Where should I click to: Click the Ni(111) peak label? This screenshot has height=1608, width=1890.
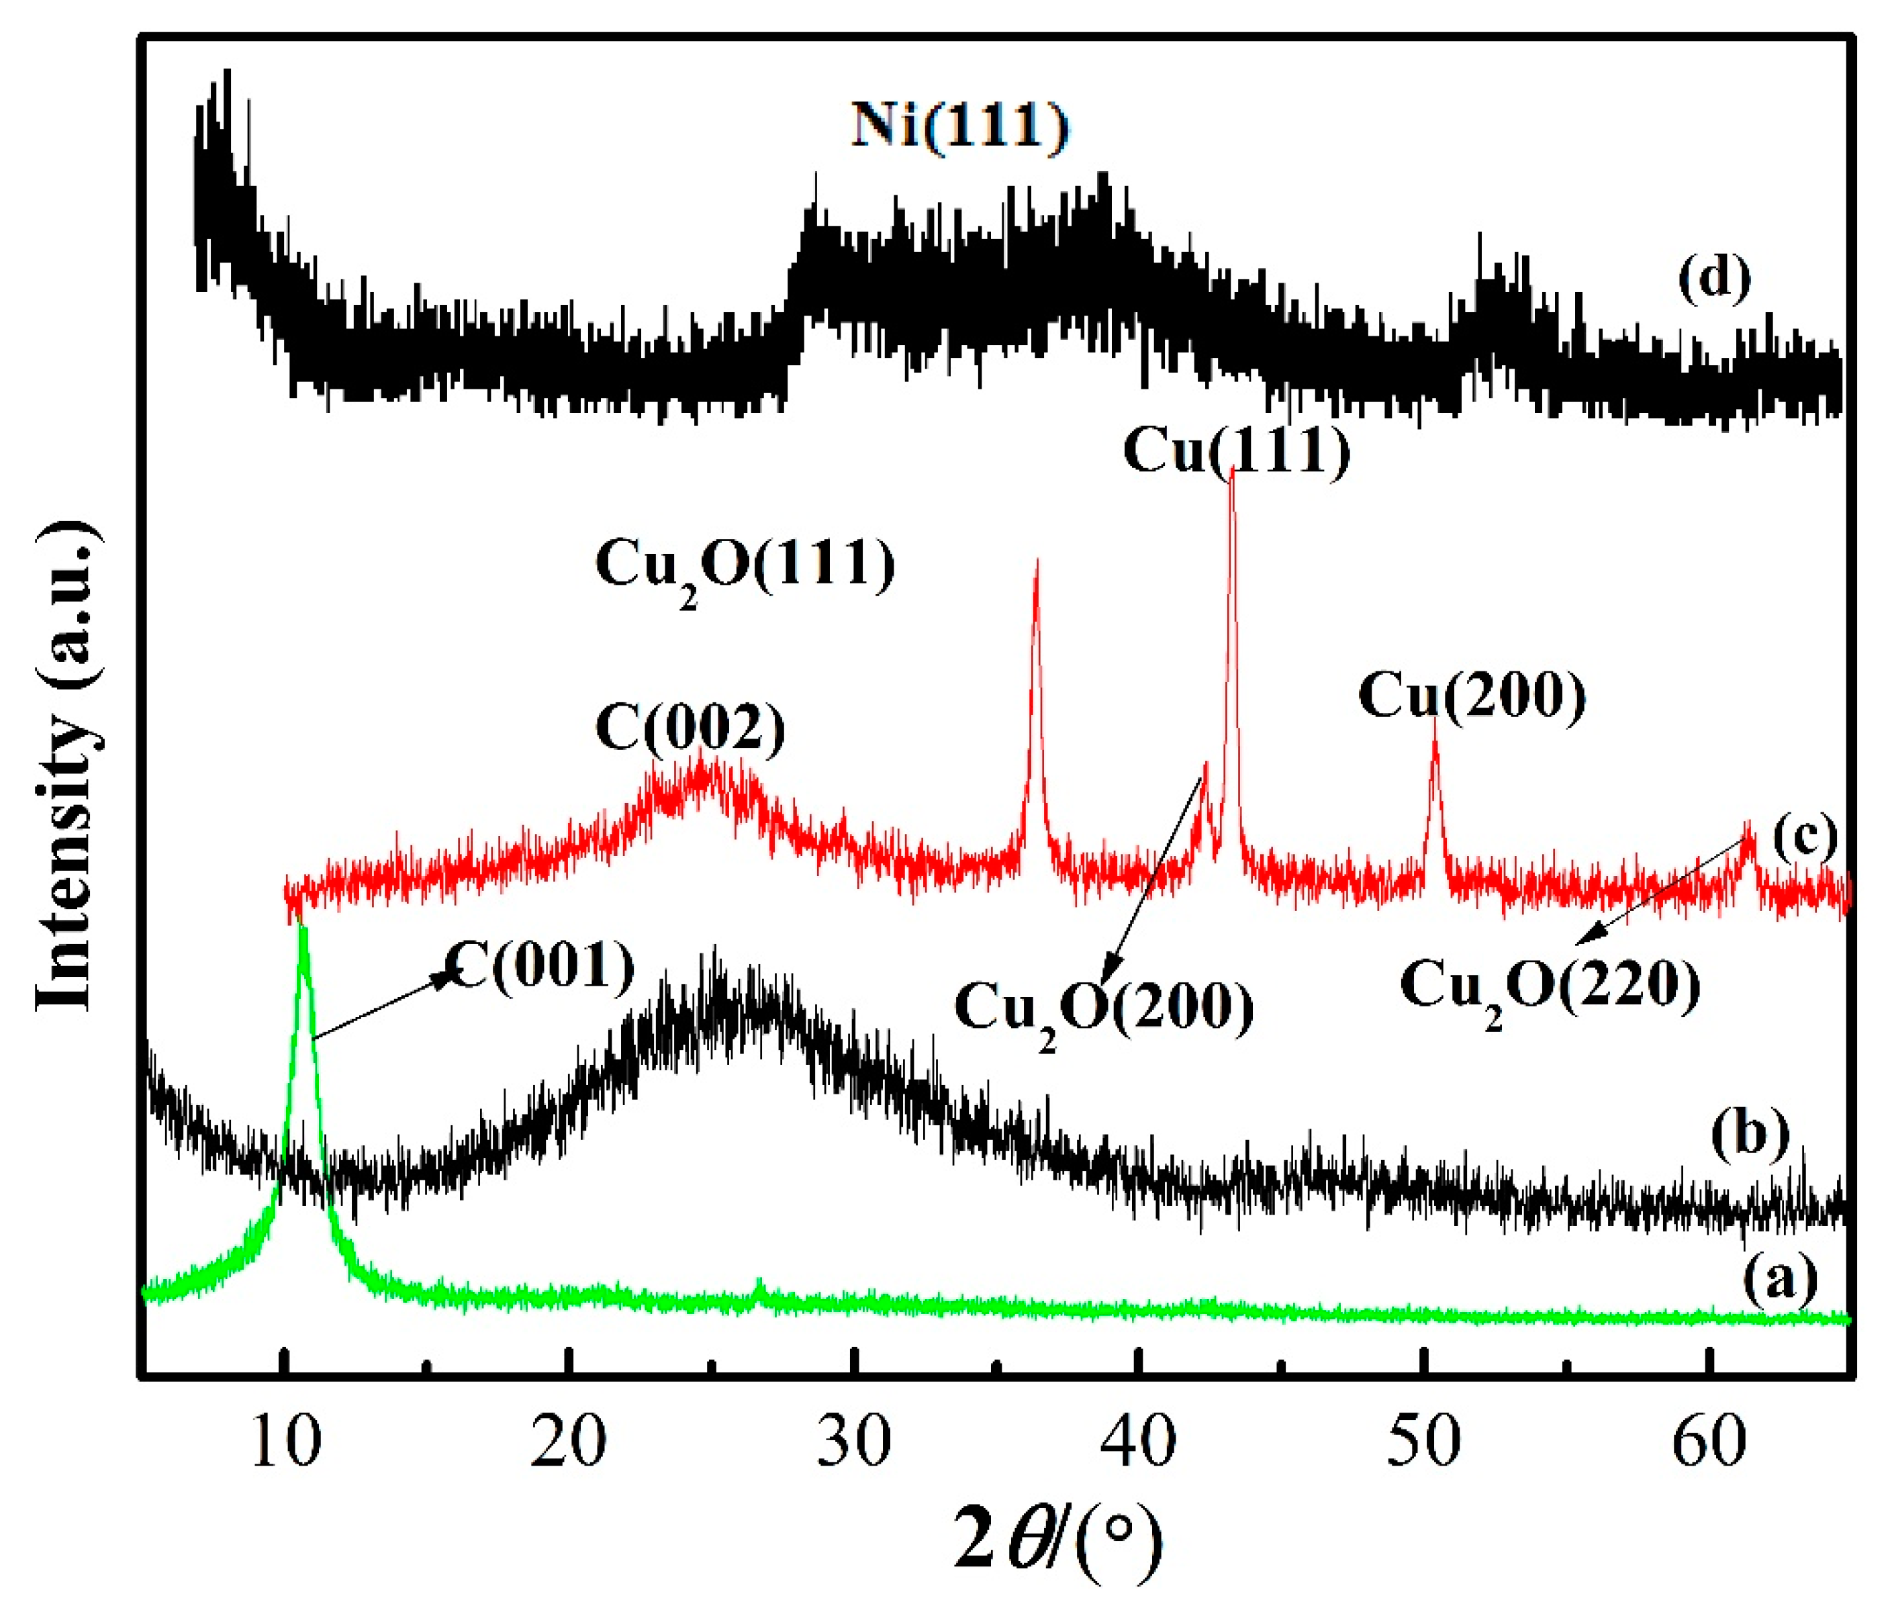coord(960,125)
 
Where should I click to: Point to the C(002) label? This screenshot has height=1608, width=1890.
coord(690,729)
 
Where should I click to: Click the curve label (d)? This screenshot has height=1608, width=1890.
coord(1714,277)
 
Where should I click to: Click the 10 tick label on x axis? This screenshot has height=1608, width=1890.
coord(285,1443)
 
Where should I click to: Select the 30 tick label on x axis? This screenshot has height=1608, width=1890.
coord(853,1443)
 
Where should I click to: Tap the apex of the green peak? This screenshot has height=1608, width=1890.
coord(303,928)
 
